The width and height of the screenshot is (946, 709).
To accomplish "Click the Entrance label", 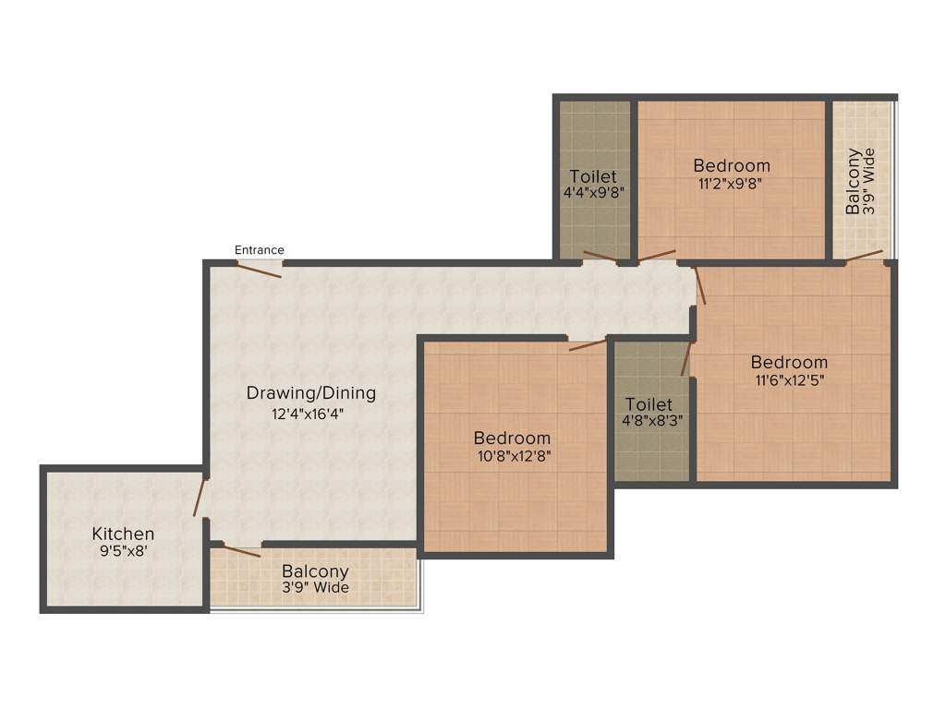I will pos(259,250).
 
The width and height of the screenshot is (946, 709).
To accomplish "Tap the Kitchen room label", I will pos(123,534).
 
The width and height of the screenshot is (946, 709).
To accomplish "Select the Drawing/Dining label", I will pos(310,393).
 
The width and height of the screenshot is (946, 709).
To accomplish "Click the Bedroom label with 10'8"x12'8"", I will pos(512,438).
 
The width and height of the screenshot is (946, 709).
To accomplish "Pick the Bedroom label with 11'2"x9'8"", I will pos(731,165).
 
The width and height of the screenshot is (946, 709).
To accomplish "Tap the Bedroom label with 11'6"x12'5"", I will pos(789,362).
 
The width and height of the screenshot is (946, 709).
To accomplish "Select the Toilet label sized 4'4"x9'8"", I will pos(593,176).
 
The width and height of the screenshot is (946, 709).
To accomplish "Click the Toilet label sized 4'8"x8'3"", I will pos(649,404).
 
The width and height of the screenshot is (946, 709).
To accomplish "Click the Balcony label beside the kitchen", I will pos(315,571).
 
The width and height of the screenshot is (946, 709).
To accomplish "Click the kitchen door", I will pos(198,499).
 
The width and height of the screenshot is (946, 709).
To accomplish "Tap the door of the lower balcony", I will pos(240,550).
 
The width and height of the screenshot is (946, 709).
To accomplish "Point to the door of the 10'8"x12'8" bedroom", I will pos(587,344).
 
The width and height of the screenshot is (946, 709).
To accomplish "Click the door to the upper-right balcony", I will pos(865,255).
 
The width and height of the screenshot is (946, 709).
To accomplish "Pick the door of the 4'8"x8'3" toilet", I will pos(686,359).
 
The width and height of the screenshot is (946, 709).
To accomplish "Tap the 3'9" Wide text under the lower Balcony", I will pos(315,587).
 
